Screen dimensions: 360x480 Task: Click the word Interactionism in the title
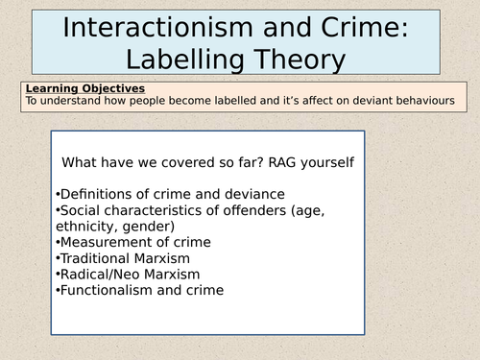(158, 28)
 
